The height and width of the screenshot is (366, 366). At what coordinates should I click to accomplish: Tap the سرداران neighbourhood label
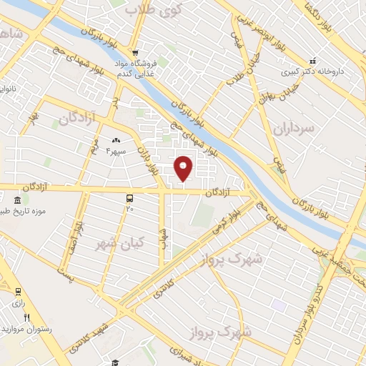tap(293, 129)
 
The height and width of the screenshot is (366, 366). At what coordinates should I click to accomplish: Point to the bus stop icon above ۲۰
tap(129, 197)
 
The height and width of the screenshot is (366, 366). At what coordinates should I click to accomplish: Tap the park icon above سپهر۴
tap(116, 140)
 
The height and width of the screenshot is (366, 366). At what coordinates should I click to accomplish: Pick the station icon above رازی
tap(16, 291)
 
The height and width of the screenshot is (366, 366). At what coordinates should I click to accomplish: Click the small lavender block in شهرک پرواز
tap(278, 305)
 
